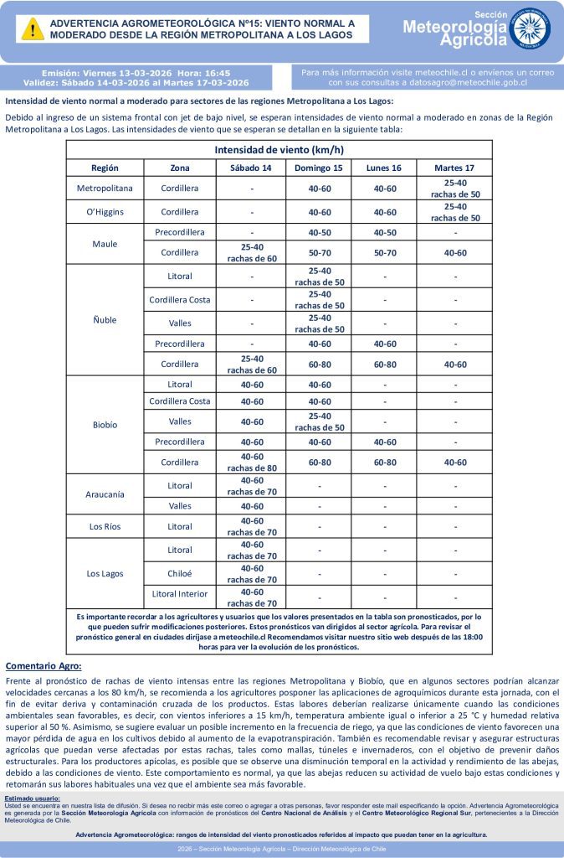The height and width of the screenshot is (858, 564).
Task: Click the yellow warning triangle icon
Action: pos(33,29)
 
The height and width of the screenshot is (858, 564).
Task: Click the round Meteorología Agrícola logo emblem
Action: pos(530,28)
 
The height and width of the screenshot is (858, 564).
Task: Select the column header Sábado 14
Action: pos(251,168)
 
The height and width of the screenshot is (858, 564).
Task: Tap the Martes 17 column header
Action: pos(455,168)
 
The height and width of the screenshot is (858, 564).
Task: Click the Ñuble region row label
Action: pos(105,320)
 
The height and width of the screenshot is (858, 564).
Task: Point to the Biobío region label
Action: pos(105,425)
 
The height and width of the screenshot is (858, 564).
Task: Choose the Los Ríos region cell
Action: pos(105,526)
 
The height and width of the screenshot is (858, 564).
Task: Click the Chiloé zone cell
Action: pos(180,574)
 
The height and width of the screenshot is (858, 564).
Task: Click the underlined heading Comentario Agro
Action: pos(44,666)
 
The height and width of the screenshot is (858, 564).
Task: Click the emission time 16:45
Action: pos(215,73)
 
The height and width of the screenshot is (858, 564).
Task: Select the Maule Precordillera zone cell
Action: pos(180,232)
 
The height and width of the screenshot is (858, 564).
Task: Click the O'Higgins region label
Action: pos(105,212)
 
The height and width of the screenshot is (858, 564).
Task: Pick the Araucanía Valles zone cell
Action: pos(180,506)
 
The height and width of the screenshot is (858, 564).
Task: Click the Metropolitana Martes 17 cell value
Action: pos(455,189)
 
